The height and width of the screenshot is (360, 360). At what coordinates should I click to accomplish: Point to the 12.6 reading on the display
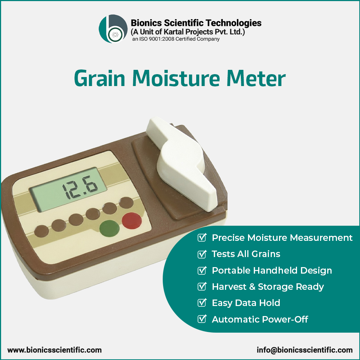coord(79,186)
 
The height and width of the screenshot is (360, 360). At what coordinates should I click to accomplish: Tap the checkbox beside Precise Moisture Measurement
coord(202,238)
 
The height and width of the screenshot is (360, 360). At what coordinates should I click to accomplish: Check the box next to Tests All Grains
coord(202,254)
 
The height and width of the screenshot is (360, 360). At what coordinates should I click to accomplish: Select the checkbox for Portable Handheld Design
coord(202,270)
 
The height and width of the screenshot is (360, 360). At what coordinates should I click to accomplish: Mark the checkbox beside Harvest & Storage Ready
coord(202,287)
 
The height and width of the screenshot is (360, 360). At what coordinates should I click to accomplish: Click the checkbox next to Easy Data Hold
coord(202,303)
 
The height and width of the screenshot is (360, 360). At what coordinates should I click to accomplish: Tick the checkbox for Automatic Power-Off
coord(202,319)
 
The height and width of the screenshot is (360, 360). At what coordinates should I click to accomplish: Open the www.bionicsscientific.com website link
coord(55,350)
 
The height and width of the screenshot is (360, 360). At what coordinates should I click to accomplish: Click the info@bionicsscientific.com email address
coord(305,350)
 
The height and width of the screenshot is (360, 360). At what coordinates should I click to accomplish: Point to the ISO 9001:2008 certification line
coord(176,39)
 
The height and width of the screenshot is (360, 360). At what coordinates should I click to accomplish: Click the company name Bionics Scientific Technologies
coord(196,23)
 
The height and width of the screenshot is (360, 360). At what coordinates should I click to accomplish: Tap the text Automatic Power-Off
coord(260,319)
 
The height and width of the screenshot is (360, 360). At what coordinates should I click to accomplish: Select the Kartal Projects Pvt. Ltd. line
coord(188,32)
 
